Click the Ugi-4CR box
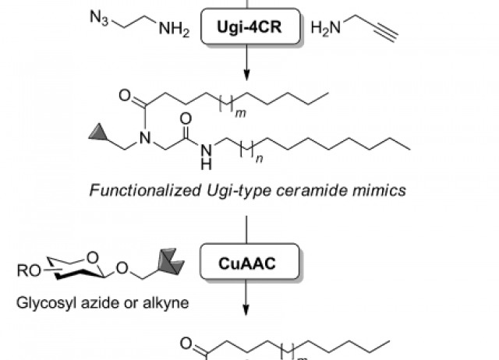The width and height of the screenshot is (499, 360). click(x=247, y=30)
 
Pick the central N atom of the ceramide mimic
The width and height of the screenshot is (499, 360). click(x=145, y=139)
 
